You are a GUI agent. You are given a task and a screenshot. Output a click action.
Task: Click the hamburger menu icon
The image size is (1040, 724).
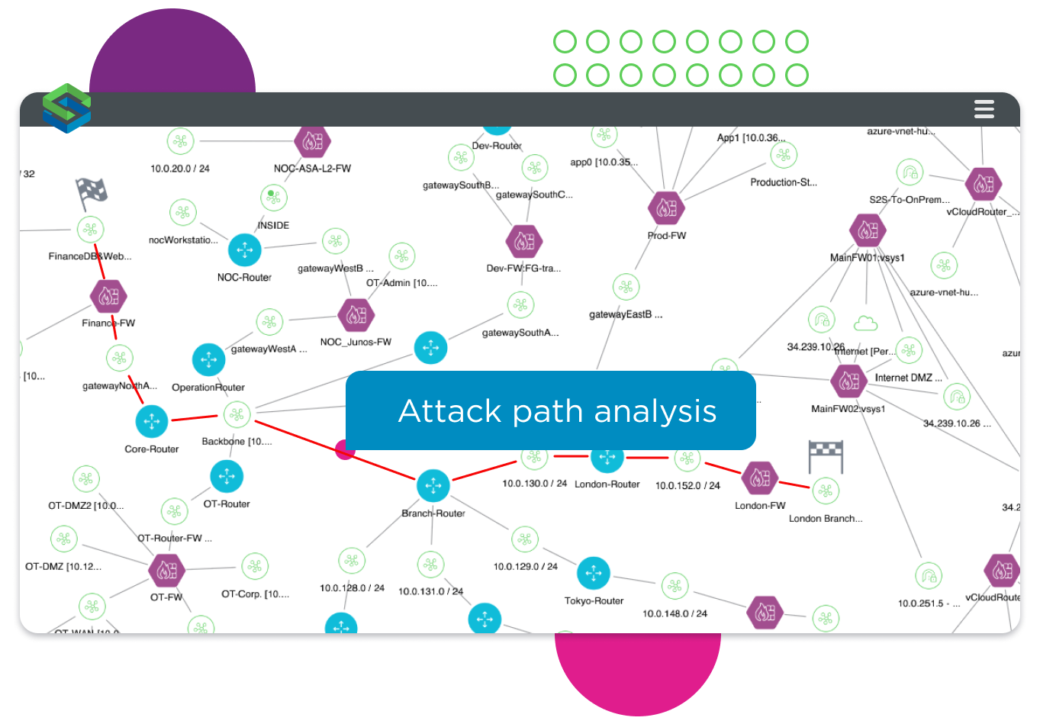984,109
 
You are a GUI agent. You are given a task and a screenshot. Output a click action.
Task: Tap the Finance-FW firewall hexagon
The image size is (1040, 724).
108,297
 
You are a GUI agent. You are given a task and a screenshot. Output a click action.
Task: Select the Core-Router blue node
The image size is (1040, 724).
151,421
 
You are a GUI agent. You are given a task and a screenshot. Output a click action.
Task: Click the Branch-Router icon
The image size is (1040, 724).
433,485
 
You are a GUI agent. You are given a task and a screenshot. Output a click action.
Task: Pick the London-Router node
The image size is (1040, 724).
607,457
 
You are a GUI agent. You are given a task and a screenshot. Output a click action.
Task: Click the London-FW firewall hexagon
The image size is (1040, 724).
759,478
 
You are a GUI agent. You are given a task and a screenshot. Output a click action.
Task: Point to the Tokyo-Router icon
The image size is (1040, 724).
593,574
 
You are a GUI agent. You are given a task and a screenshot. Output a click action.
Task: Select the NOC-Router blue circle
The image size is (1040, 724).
244,249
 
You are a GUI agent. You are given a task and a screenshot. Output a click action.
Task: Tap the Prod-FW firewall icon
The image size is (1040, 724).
665,207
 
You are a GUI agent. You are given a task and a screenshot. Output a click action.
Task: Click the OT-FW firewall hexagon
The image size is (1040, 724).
166,570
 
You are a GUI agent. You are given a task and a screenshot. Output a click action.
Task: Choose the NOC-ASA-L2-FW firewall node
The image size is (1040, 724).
312,141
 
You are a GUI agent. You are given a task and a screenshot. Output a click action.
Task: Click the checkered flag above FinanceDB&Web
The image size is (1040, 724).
92,194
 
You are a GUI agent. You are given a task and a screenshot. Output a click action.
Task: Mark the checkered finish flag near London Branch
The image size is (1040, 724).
825,455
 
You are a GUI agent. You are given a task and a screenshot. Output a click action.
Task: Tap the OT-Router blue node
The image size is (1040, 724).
226,477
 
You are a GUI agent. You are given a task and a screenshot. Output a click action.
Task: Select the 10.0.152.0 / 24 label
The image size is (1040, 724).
687,485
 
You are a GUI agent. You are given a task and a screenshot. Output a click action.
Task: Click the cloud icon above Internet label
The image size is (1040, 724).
865,323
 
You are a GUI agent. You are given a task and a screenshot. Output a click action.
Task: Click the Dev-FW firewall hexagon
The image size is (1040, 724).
523,242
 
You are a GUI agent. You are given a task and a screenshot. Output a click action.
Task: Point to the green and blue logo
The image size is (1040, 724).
66,108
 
